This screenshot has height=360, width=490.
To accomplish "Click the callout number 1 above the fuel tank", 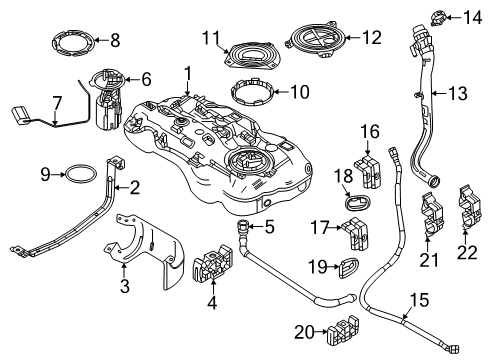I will [x=186, y=72].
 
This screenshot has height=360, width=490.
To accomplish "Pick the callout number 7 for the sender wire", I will [x=57, y=101].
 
